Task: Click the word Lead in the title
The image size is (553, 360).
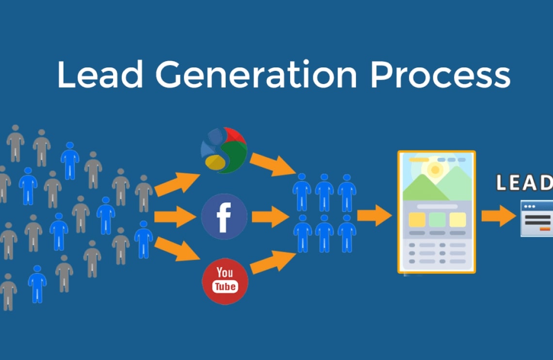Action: click(100, 74)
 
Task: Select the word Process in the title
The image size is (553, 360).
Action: click(440, 74)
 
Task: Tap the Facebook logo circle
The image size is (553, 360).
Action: click(224, 216)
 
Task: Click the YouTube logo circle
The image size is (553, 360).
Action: click(225, 281)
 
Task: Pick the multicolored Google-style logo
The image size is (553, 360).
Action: click(224, 150)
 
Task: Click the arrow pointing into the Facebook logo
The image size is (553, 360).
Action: click(175, 216)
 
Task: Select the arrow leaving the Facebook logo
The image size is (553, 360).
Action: click(271, 216)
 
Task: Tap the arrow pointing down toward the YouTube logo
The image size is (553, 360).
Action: click(177, 249)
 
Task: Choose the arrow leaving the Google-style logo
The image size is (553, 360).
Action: click(273, 165)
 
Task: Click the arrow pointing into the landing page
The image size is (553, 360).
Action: click(374, 215)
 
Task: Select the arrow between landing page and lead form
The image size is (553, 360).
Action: click(499, 216)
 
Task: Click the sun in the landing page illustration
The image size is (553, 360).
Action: click(435, 170)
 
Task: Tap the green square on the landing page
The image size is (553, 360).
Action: click(438, 219)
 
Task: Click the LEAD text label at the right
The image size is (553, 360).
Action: click(524, 182)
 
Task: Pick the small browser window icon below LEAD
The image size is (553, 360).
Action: click(537, 218)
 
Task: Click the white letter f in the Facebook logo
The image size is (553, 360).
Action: click(224, 218)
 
